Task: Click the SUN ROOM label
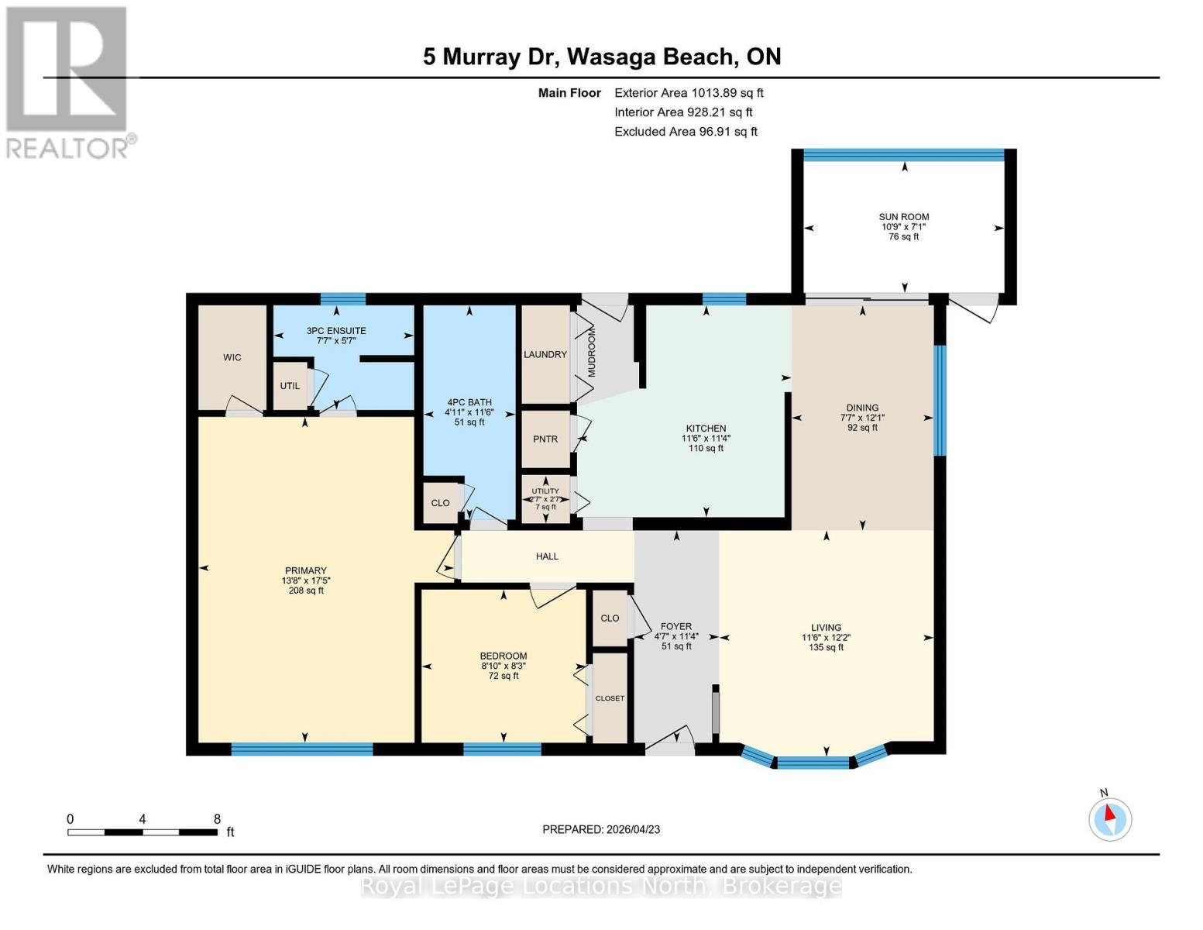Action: tap(903, 218)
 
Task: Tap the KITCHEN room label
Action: tap(705, 429)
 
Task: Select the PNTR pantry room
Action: tap(545, 439)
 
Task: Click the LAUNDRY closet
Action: tap(545, 354)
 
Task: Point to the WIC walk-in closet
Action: tap(232, 357)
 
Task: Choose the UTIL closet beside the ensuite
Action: tap(290, 386)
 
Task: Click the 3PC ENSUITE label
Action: tap(336, 331)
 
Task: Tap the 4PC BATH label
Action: tap(469, 402)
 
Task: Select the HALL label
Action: tap(547, 556)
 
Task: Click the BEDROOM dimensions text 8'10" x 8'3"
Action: tap(504, 666)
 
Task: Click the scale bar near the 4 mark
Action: tap(143, 832)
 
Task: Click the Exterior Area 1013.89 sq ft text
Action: tap(689, 93)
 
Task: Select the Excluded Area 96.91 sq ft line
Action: tap(686, 132)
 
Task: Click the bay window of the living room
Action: tap(813, 761)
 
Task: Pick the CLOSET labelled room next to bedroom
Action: tap(610, 698)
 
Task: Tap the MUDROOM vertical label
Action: tap(592, 353)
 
